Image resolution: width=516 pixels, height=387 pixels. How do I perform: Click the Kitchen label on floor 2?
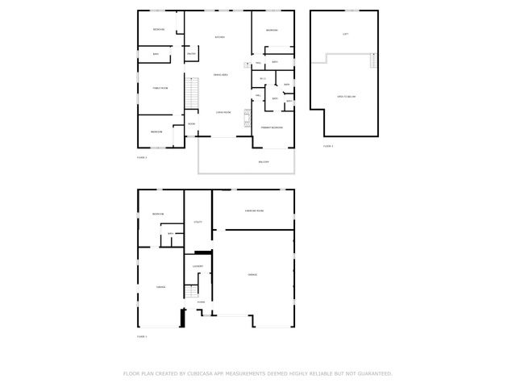(x=219, y=38)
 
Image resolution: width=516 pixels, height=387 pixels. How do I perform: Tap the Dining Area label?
(x=219, y=75)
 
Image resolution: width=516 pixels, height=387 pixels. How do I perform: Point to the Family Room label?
(x=160, y=88)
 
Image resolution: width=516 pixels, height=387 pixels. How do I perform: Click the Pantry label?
(x=191, y=54)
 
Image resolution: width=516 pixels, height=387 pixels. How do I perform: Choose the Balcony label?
(x=263, y=162)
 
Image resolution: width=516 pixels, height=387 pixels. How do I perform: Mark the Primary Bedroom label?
(x=272, y=127)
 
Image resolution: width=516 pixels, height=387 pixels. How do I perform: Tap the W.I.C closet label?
(x=263, y=78)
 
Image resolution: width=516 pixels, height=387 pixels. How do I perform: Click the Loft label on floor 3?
(x=345, y=34)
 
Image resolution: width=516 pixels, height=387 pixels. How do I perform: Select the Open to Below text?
(x=346, y=97)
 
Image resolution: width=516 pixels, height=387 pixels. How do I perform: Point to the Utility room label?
(x=198, y=222)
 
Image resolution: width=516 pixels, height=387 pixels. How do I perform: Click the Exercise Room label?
(x=256, y=210)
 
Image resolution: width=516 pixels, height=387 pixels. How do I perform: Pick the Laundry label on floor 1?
(x=198, y=266)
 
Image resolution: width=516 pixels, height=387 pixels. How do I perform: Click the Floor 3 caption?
(x=328, y=146)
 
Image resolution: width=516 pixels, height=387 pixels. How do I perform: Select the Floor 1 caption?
(x=142, y=335)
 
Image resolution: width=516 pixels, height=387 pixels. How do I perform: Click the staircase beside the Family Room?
(x=192, y=92)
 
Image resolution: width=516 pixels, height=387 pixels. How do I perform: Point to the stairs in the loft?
(x=372, y=61)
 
